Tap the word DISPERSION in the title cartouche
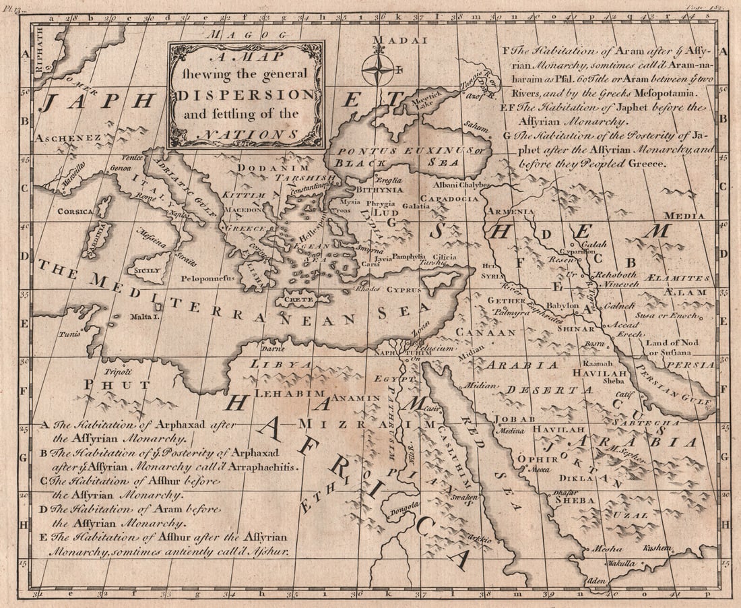tap(247, 94)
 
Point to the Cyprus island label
tap(404, 290)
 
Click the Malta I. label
tap(143, 315)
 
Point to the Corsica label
tap(75, 211)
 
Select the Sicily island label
tap(148, 270)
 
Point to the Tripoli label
tap(117, 371)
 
